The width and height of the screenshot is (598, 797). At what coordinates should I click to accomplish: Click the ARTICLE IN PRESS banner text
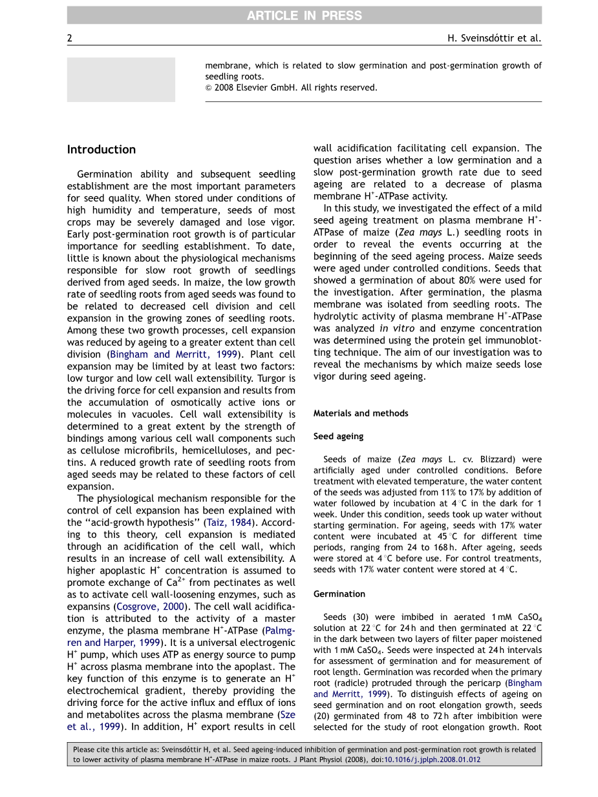coord(304,16)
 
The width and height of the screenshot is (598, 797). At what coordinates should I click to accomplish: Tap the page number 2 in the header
coord(70,38)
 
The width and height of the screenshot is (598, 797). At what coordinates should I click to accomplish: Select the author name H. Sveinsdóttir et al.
coord(494,38)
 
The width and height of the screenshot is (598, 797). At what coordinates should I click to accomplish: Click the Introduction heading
coord(101,150)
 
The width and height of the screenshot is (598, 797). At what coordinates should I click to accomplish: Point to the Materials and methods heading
coord(361,413)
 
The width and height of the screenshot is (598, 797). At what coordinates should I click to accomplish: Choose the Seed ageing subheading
coord(339,437)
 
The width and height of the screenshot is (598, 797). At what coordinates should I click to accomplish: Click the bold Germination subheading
coord(339,594)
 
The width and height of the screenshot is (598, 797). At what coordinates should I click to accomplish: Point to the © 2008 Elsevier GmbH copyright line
coord(291,88)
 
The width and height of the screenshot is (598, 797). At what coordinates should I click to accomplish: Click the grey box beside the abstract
coord(121,79)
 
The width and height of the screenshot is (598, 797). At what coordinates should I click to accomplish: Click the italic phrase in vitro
coord(392,328)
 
